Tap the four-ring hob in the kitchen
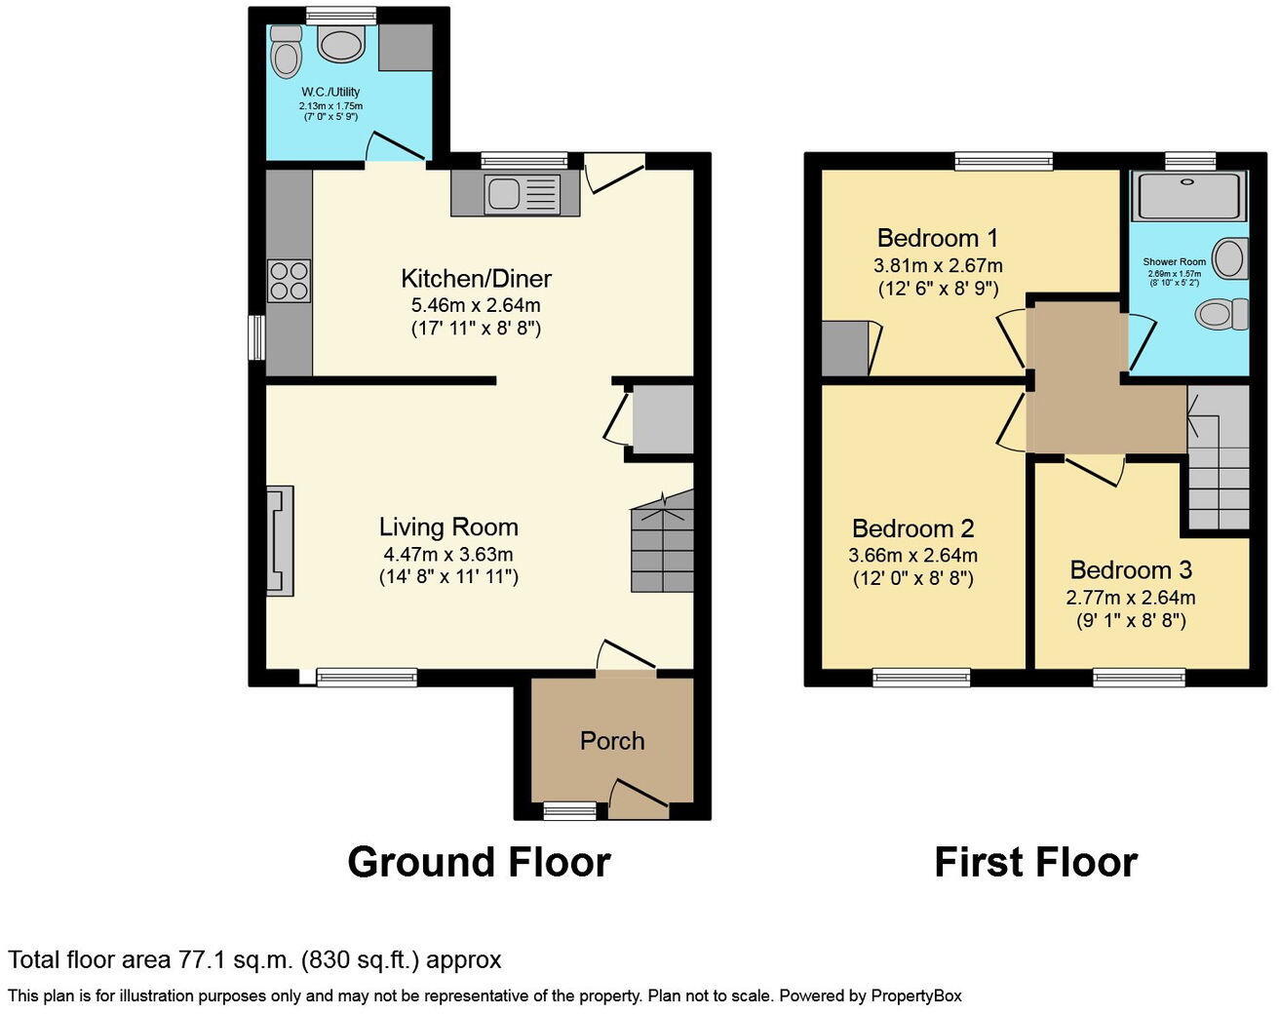pyautogui.click(x=289, y=281)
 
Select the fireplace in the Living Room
pyautogui.click(x=280, y=541)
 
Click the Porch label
pyautogui.click(x=612, y=741)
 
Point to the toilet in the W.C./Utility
pyautogui.click(x=286, y=55)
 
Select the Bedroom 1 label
pyautogui.click(x=938, y=238)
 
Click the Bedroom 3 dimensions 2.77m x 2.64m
pyautogui.click(x=1131, y=598)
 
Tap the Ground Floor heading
pyautogui.click(x=479, y=863)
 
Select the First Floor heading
pyautogui.click(x=1035, y=863)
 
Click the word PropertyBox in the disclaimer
pyautogui.click(x=915, y=995)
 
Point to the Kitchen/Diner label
pyautogui.click(x=476, y=279)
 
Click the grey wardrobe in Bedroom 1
pyautogui.click(x=844, y=349)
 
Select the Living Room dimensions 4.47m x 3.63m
pyautogui.click(x=448, y=554)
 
